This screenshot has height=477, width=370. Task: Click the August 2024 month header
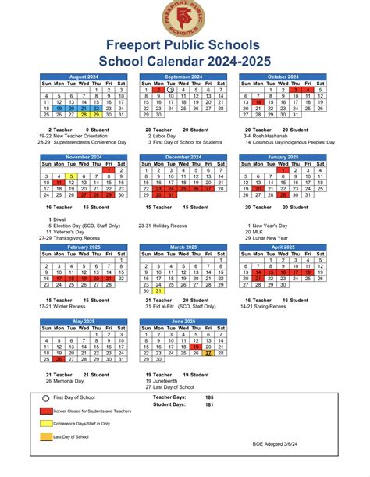tap(84, 77)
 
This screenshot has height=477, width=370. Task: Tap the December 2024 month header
tap(184, 157)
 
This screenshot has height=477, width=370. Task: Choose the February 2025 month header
tap(84, 247)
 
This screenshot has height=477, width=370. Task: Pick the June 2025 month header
tap(184, 322)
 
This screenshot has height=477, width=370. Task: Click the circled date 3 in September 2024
tap(171, 90)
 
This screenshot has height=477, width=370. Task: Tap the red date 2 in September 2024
tap(158, 90)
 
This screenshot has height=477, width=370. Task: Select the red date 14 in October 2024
tap(258, 102)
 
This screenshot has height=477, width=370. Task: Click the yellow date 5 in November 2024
tap(72, 176)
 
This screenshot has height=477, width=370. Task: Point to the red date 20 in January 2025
tap(258, 189)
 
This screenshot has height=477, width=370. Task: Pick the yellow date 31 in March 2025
tap(158, 290)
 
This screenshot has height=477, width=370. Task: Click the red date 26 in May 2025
tap(59, 359)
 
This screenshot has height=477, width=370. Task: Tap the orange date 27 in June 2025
tap(209, 353)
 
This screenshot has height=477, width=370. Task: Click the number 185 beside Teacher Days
tap(208, 397)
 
